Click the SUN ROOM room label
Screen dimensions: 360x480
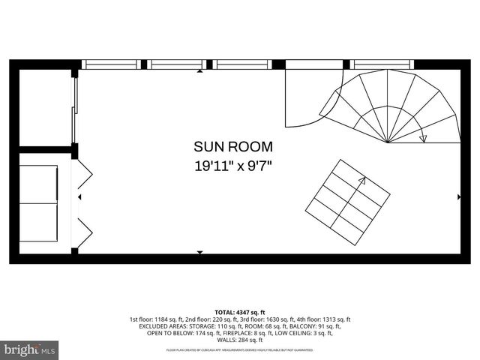click(x=233, y=147)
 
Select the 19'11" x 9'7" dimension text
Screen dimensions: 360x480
click(x=233, y=166)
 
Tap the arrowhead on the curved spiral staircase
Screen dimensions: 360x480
click(x=424, y=138)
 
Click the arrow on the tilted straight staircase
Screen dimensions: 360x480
click(x=362, y=180)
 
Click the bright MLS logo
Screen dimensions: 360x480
click(x=30, y=349)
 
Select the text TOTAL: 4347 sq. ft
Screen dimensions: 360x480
click(x=240, y=311)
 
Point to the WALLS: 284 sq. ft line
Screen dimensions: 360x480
click(x=240, y=340)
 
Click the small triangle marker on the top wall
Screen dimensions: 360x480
click(x=199, y=72)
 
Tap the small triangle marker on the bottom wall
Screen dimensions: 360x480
click(x=199, y=252)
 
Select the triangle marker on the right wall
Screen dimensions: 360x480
click(x=459, y=196)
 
